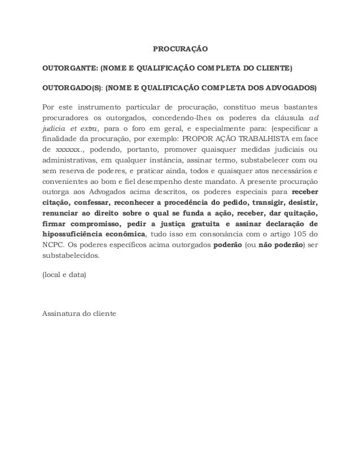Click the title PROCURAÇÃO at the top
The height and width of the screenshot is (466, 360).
181,50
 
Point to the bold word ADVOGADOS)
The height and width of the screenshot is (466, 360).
289,89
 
